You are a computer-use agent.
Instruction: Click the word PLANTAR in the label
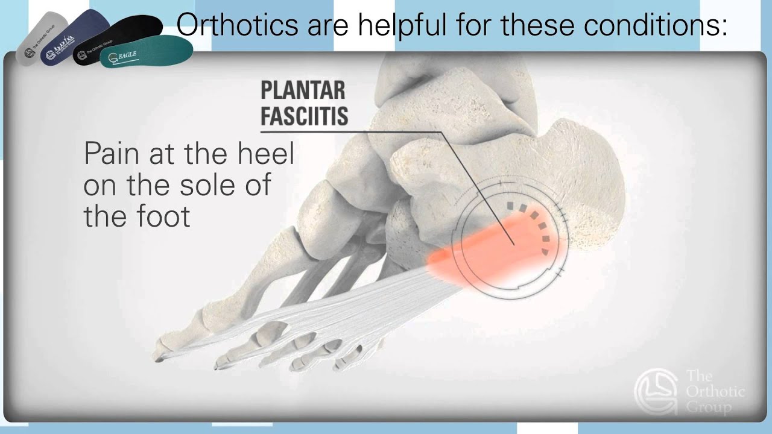tap(303, 90)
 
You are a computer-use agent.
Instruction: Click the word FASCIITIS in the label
tap(304, 116)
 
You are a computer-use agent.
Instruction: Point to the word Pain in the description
tap(108, 154)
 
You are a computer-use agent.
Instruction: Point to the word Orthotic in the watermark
tap(715, 392)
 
